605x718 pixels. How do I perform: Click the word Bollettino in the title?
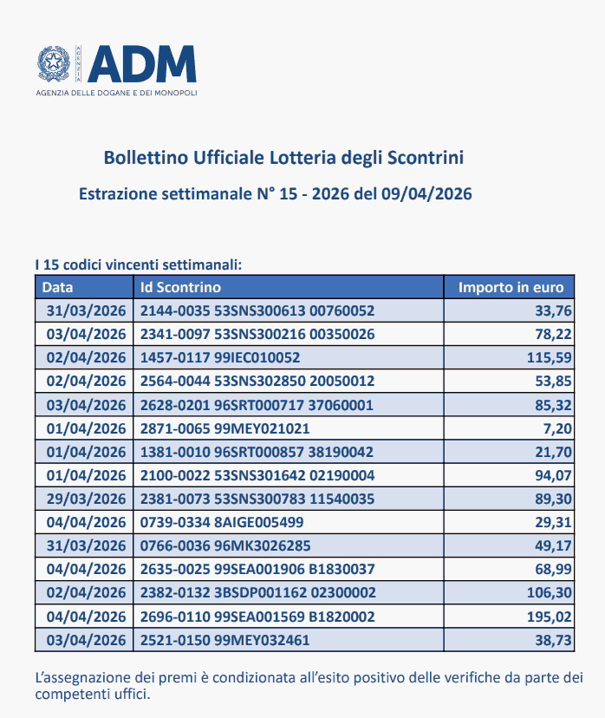pos(141,158)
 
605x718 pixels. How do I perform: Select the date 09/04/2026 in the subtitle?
pos(424,193)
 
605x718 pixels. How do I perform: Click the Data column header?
pos(58,287)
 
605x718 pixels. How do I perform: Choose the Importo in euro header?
pos(511,287)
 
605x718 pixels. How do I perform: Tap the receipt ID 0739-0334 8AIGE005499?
pos(222,522)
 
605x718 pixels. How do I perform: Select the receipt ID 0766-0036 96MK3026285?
pos(225,545)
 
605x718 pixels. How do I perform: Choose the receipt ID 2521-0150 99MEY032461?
pos(224,640)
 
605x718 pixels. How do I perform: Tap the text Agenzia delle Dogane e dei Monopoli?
pos(117,92)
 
